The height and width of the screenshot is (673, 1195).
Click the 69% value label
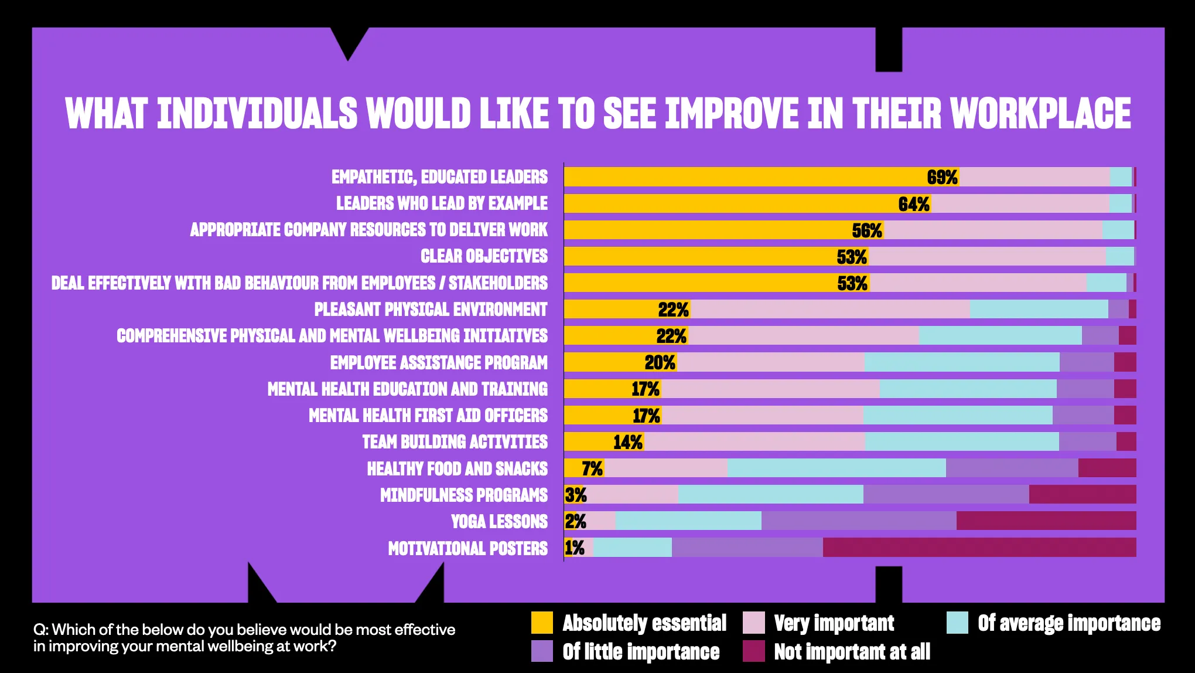942,177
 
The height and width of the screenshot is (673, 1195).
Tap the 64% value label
914,204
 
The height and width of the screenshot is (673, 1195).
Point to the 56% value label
867,230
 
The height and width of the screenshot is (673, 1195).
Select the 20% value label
660,363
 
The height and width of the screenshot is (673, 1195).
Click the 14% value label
628,442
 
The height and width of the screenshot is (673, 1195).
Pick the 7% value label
592,468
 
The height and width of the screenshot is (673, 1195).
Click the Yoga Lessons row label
499,521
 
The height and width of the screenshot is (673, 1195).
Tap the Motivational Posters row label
467,548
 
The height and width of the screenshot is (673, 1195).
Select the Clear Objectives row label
484,256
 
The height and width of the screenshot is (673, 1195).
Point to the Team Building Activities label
455,442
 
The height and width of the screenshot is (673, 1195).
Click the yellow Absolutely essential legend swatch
542,623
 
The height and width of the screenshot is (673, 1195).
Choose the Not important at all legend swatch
753,651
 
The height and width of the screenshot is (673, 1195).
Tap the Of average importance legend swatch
957,623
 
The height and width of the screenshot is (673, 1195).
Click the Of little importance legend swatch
542,651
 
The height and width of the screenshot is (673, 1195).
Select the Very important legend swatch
753,623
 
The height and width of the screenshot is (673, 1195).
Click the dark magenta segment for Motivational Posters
979,548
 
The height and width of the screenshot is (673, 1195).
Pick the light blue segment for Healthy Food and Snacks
836,468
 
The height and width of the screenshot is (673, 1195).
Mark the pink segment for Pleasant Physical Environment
829,309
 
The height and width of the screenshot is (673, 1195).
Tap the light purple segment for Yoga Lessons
859,521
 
